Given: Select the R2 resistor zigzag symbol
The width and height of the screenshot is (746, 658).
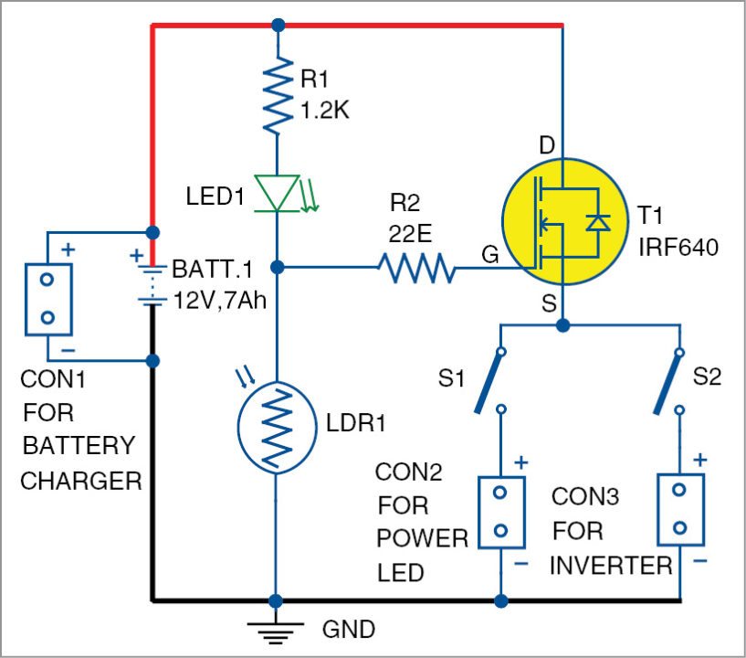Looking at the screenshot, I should click(x=416, y=268).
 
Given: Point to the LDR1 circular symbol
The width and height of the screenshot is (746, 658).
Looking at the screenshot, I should click(x=278, y=425).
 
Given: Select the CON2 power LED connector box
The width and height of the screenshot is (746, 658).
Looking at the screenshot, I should click(x=500, y=512).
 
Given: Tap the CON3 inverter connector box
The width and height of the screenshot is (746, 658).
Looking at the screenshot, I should click(x=679, y=509).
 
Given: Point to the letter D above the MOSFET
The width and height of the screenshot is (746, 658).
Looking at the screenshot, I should click(x=546, y=145).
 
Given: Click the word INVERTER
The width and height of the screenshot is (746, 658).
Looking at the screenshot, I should click(x=611, y=565).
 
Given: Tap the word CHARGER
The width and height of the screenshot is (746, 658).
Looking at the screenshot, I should click(x=80, y=480).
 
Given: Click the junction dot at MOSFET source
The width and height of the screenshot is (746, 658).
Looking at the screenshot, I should click(x=562, y=324).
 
